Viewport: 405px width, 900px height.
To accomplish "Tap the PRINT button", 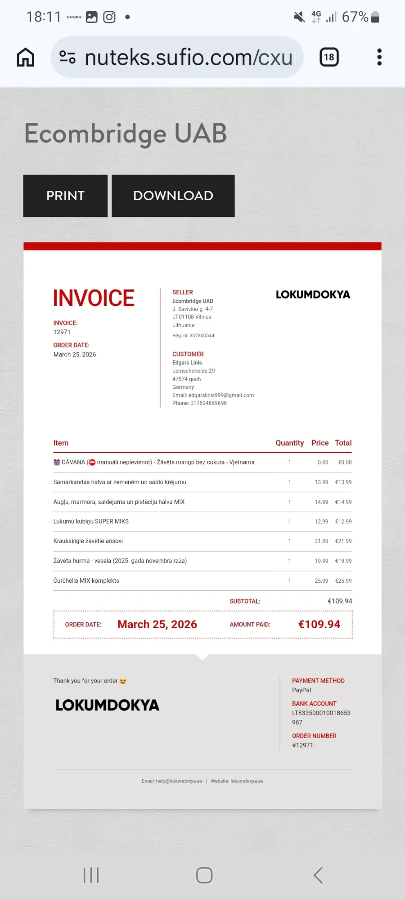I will pyautogui.click(x=65, y=196).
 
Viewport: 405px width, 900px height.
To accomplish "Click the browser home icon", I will pyautogui.click(x=26, y=57).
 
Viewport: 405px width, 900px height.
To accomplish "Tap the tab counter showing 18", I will pyautogui.click(x=329, y=57).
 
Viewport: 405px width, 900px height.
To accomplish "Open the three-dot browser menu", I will pyautogui.click(x=379, y=57).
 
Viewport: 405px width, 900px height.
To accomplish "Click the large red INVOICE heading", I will pyautogui.click(x=94, y=298).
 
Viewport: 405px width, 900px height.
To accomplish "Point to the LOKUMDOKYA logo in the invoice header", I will pyautogui.click(x=313, y=295).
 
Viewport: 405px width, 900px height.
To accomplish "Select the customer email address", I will pyautogui.click(x=221, y=395).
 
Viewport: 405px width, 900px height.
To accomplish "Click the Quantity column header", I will pyautogui.click(x=289, y=443).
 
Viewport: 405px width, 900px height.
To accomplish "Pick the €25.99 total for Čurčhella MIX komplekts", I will pyautogui.click(x=343, y=580).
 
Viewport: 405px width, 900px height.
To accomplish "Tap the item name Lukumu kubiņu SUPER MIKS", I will pyautogui.click(x=91, y=521).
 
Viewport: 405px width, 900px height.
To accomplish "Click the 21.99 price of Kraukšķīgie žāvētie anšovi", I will pyautogui.click(x=321, y=541).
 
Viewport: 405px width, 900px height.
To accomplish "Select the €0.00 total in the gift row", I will pyautogui.click(x=345, y=462).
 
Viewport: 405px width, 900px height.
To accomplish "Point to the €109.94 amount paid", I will pyautogui.click(x=319, y=624).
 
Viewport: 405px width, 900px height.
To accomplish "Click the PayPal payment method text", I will pyautogui.click(x=301, y=690).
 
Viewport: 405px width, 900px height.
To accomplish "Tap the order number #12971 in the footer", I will pyautogui.click(x=302, y=745).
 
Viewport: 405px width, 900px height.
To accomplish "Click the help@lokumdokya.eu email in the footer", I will pyautogui.click(x=179, y=781).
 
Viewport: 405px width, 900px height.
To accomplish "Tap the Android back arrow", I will pyautogui.click(x=318, y=875).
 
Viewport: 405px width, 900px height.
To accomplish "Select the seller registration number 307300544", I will pyautogui.click(x=202, y=335).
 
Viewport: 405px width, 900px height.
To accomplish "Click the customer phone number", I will pyautogui.click(x=208, y=403).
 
